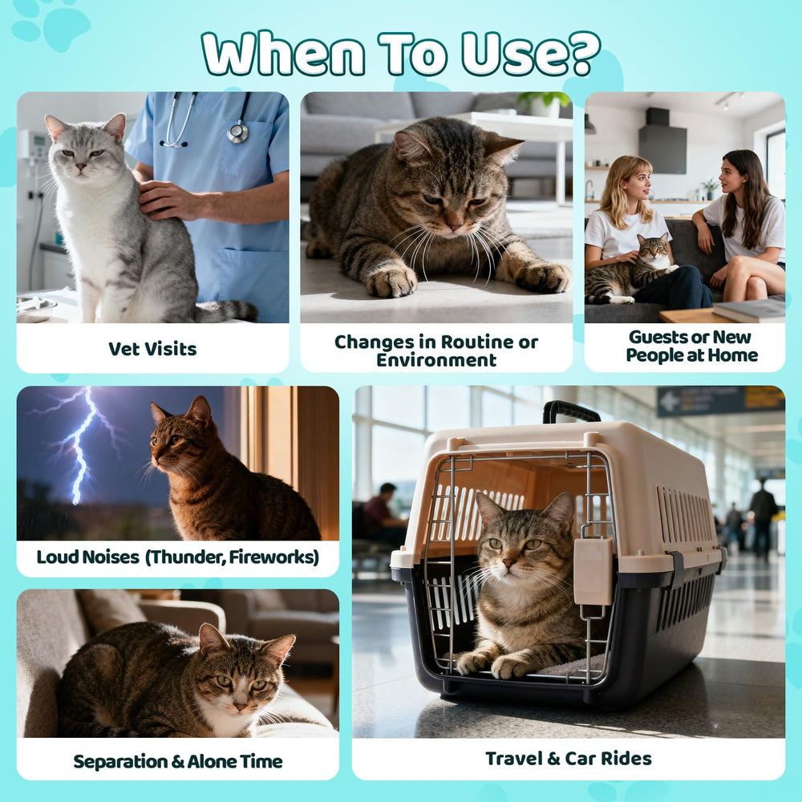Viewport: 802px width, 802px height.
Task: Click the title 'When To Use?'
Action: click(400, 55)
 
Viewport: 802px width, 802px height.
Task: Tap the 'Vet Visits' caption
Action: click(152, 349)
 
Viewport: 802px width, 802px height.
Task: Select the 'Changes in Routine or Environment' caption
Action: click(436, 350)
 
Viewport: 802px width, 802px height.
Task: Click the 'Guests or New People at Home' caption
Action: click(691, 346)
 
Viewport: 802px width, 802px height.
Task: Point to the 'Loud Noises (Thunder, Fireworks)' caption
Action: click(177, 557)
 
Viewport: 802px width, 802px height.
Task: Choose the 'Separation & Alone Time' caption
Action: click(177, 761)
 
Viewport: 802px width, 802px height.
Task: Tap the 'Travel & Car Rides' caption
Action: click(568, 758)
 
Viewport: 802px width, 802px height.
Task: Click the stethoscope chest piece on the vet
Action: click(238, 133)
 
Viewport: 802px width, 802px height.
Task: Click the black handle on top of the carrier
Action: click(570, 411)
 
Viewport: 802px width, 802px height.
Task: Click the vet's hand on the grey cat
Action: click(169, 200)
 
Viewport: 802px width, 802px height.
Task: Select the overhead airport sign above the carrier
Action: click(719, 400)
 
